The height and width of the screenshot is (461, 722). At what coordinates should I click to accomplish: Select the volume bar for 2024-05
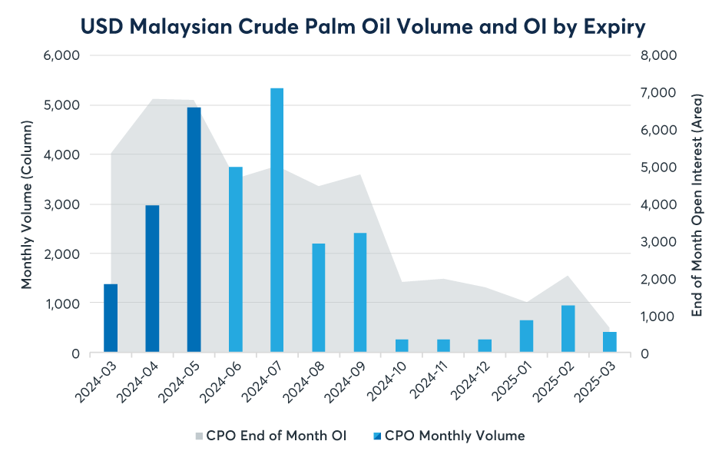coord(194,230)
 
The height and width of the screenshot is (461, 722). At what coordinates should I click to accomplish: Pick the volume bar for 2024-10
coord(402,347)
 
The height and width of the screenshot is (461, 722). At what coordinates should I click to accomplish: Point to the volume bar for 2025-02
coord(568,330)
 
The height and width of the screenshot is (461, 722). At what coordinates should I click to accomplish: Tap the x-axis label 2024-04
coord(141,384)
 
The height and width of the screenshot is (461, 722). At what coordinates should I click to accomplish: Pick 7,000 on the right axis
coord(657,93)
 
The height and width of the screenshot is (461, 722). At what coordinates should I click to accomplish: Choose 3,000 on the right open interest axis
coord(657,242)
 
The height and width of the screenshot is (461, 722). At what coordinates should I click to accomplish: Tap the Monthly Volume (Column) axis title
coord(28,204)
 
